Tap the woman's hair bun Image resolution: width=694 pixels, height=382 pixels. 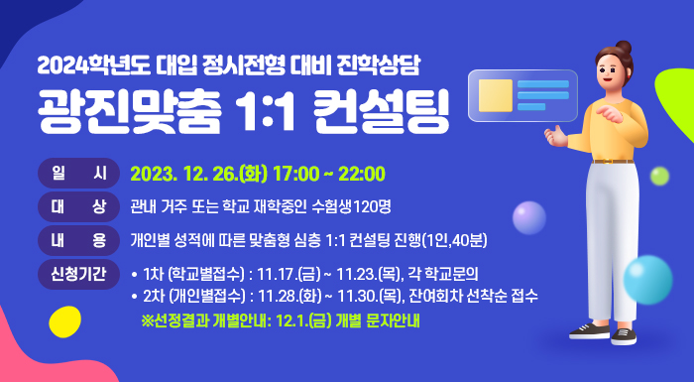point(623,47)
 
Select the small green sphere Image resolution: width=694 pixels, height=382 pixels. point(659,177)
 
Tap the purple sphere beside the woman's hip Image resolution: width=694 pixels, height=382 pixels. point(528,216)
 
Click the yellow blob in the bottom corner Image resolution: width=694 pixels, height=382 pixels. point(64,321)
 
